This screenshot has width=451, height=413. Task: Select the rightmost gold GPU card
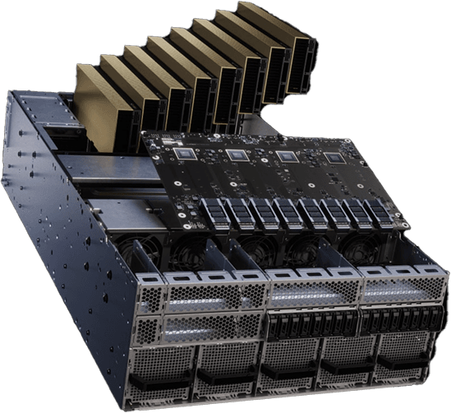click(279, 37)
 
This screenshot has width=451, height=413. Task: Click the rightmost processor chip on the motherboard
click(331, 159)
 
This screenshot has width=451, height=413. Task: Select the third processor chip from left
click(284, 157)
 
